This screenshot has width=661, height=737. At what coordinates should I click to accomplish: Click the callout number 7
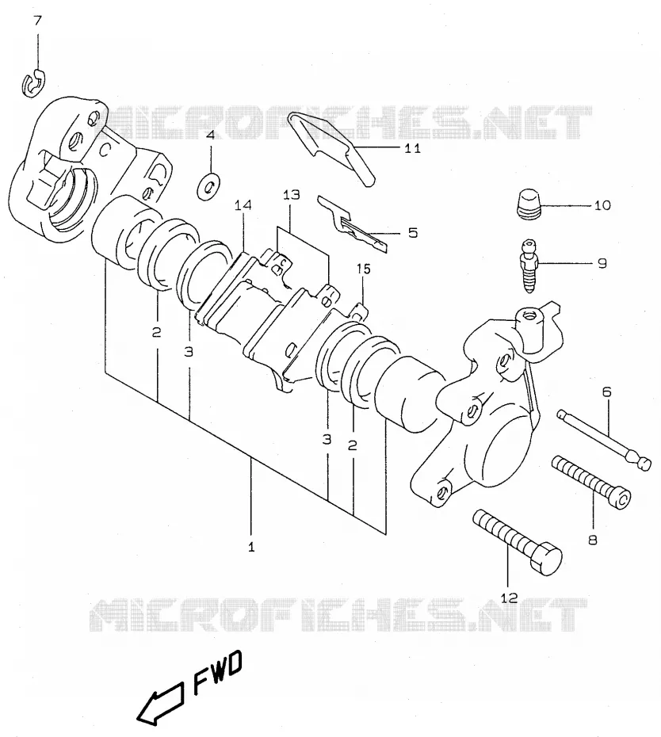coord(37,21)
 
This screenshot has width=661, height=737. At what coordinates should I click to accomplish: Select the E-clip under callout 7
coord(33,85)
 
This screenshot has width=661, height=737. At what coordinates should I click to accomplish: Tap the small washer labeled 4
coord(209,185)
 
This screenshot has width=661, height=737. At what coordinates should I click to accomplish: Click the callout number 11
coord(412,148)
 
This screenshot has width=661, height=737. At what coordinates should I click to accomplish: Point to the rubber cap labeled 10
coord(529,203)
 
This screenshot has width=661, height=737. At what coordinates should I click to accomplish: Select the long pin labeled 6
coord(604,439)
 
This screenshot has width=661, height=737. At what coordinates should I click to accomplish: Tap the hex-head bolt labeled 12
coord(517,542)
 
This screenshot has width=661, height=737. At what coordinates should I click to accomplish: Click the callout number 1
coord(251,547)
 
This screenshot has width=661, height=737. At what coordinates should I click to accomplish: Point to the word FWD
coord(218,673)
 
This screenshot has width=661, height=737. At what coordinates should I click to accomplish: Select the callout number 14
coord(243,205)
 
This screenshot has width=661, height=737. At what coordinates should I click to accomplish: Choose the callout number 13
coord(292,195)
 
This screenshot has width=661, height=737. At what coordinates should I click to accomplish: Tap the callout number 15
coord(364,269)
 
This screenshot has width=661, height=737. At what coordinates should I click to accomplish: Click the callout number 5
coord(413,233)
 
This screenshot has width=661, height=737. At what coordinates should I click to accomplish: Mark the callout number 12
coord(509,598)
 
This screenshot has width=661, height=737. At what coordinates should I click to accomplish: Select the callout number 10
coord(602,205)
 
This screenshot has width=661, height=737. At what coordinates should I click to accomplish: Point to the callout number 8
coord(592,540)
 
